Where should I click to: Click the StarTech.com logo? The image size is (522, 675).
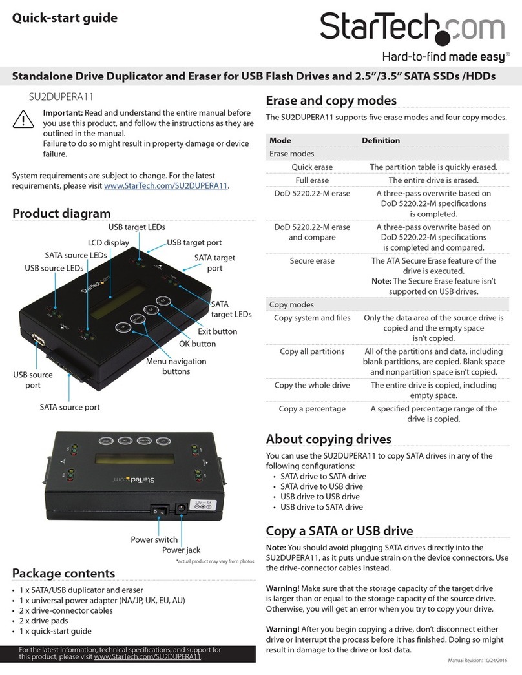(x=413, y=28)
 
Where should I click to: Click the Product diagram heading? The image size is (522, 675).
(x=61, y=213)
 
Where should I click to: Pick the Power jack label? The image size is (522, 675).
(x=181, y=550)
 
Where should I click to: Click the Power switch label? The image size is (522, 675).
(x=154, y=539)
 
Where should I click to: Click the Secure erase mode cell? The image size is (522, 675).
(x=312, y=261)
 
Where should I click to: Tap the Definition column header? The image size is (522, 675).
(x=381, y=140)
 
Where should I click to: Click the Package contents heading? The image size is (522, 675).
(x=64, y=573)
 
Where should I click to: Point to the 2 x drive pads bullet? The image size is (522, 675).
(x=48, y=621)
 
